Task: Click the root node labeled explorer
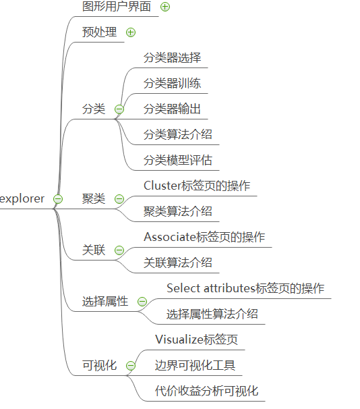tap(22, 198)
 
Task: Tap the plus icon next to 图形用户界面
tap(165, 7)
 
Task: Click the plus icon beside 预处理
tap(131, 32)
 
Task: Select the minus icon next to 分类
tap(119, 109)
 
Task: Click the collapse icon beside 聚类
tap(119, 198)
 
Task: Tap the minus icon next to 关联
tap(119, 250)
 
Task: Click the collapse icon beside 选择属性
tap(142, 301)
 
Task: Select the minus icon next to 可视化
tap(131, 365)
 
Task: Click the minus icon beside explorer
tap(58, 198)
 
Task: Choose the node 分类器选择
tap(172, 57)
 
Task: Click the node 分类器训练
tap(172, 83)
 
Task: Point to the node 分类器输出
tap(172, 109)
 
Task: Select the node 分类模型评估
tap(178, 160)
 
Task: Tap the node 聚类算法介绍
tap(178, 211)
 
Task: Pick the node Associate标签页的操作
tap(204, 237)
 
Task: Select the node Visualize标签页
tap(196, 339)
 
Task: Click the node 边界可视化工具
tap(195, 365)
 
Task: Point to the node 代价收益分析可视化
tap(206, 391)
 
